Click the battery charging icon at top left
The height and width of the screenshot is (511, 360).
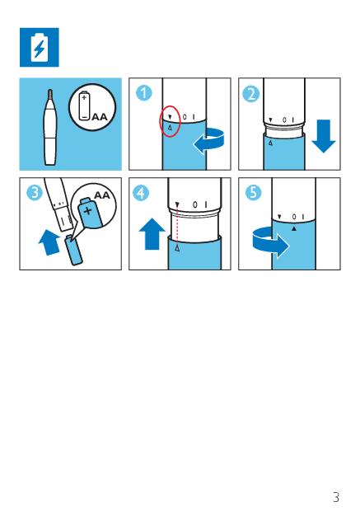pos(40,47)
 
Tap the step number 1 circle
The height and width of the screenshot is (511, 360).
pos(143,93)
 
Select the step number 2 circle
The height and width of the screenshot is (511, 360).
pos(251,94)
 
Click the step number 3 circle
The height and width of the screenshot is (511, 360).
pos(35,193)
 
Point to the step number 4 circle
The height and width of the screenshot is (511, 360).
pos(141,193)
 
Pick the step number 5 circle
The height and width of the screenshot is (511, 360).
pos(253,192)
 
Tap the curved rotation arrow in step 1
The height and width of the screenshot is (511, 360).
pos(208,140)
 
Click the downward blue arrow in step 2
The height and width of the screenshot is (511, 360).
pos(324,136)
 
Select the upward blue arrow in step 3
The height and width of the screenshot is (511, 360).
pos(49,242)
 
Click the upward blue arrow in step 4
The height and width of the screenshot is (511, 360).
pos(152,234)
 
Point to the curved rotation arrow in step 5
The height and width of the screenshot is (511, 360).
pos(271,243)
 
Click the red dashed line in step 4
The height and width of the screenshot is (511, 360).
pos(177,226)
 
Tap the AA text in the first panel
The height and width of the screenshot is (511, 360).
pos(100,116)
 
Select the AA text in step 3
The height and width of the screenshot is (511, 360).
pos(102,195)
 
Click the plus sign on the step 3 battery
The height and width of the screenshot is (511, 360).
pos(87,210)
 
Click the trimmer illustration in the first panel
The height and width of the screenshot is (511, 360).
pos(50,127)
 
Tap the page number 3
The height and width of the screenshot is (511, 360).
pos(336,497)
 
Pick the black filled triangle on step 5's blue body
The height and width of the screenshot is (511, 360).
pos(294,229)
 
